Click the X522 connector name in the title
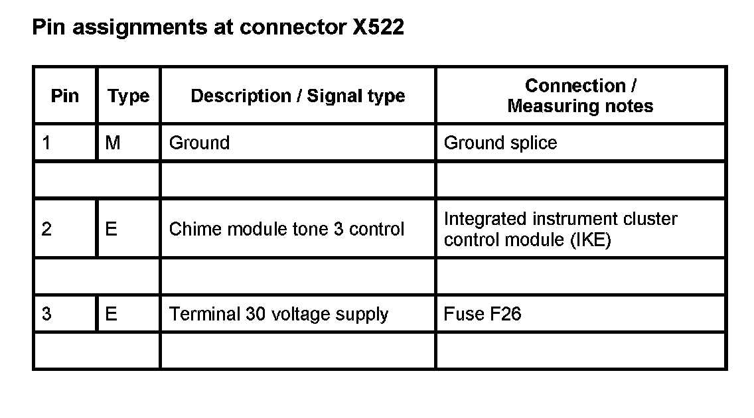[x=375, y=28]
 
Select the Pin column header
[x=64, y=96]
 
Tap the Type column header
[x=129, y=96]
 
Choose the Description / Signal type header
[x=297, y=96]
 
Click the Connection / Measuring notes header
[x=580, y=96]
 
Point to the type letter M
[x=113, y=143]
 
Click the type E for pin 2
[x=111, y=229]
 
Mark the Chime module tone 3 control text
[x=286, y=229]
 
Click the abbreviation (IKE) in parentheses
[x=589, y=240]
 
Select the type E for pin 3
[x=111, y=313]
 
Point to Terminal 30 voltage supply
[x=278, y=313]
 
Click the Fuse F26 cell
[x=482, y=313]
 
